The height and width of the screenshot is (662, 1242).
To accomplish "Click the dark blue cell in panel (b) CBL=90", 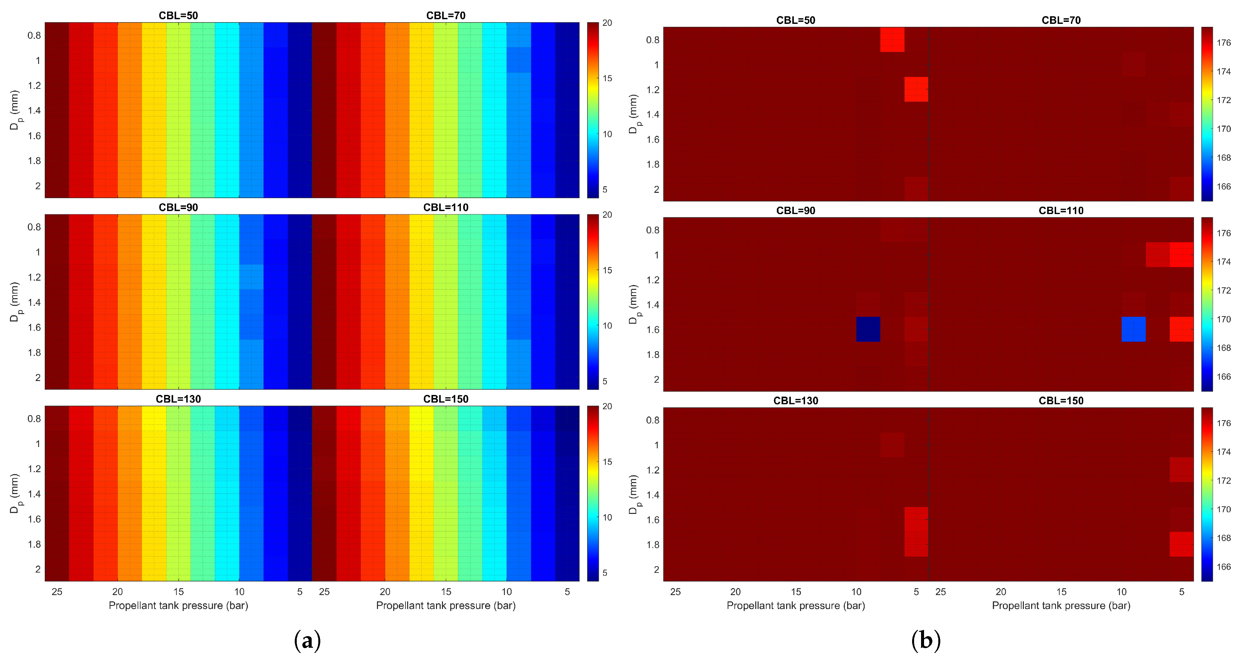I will pyautogui.click(x=868, y=329).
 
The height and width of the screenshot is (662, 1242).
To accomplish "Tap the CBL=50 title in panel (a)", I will pyautogui.click(x=178, y=16).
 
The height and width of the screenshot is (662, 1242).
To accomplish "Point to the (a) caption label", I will pyautogui.click(x=307, y=640).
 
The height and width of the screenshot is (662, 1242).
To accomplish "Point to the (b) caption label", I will pyautogui.click(x=926, y=640).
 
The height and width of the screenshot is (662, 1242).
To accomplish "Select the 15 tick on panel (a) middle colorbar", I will pyautogui.click(x=607, y=270).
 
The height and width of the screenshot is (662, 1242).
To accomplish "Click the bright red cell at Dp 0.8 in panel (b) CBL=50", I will pyautogui.click(x=892, y=39).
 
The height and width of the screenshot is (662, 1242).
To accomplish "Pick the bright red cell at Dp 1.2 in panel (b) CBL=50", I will pyautogui.click(x=916, y=89).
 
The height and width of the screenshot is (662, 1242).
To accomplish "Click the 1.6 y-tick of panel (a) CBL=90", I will pyautogui.click(x=34, y=328).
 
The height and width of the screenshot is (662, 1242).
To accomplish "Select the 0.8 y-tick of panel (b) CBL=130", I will pyautogui.click(x=652, y=420).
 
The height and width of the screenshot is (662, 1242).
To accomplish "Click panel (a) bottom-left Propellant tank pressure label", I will pyautogui.click(x=178, y=606).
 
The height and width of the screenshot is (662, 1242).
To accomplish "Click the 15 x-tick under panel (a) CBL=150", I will pyautogui.click(x=446, y=592).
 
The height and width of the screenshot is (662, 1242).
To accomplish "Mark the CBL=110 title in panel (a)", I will pyautogui.click(x=446, y=207).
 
